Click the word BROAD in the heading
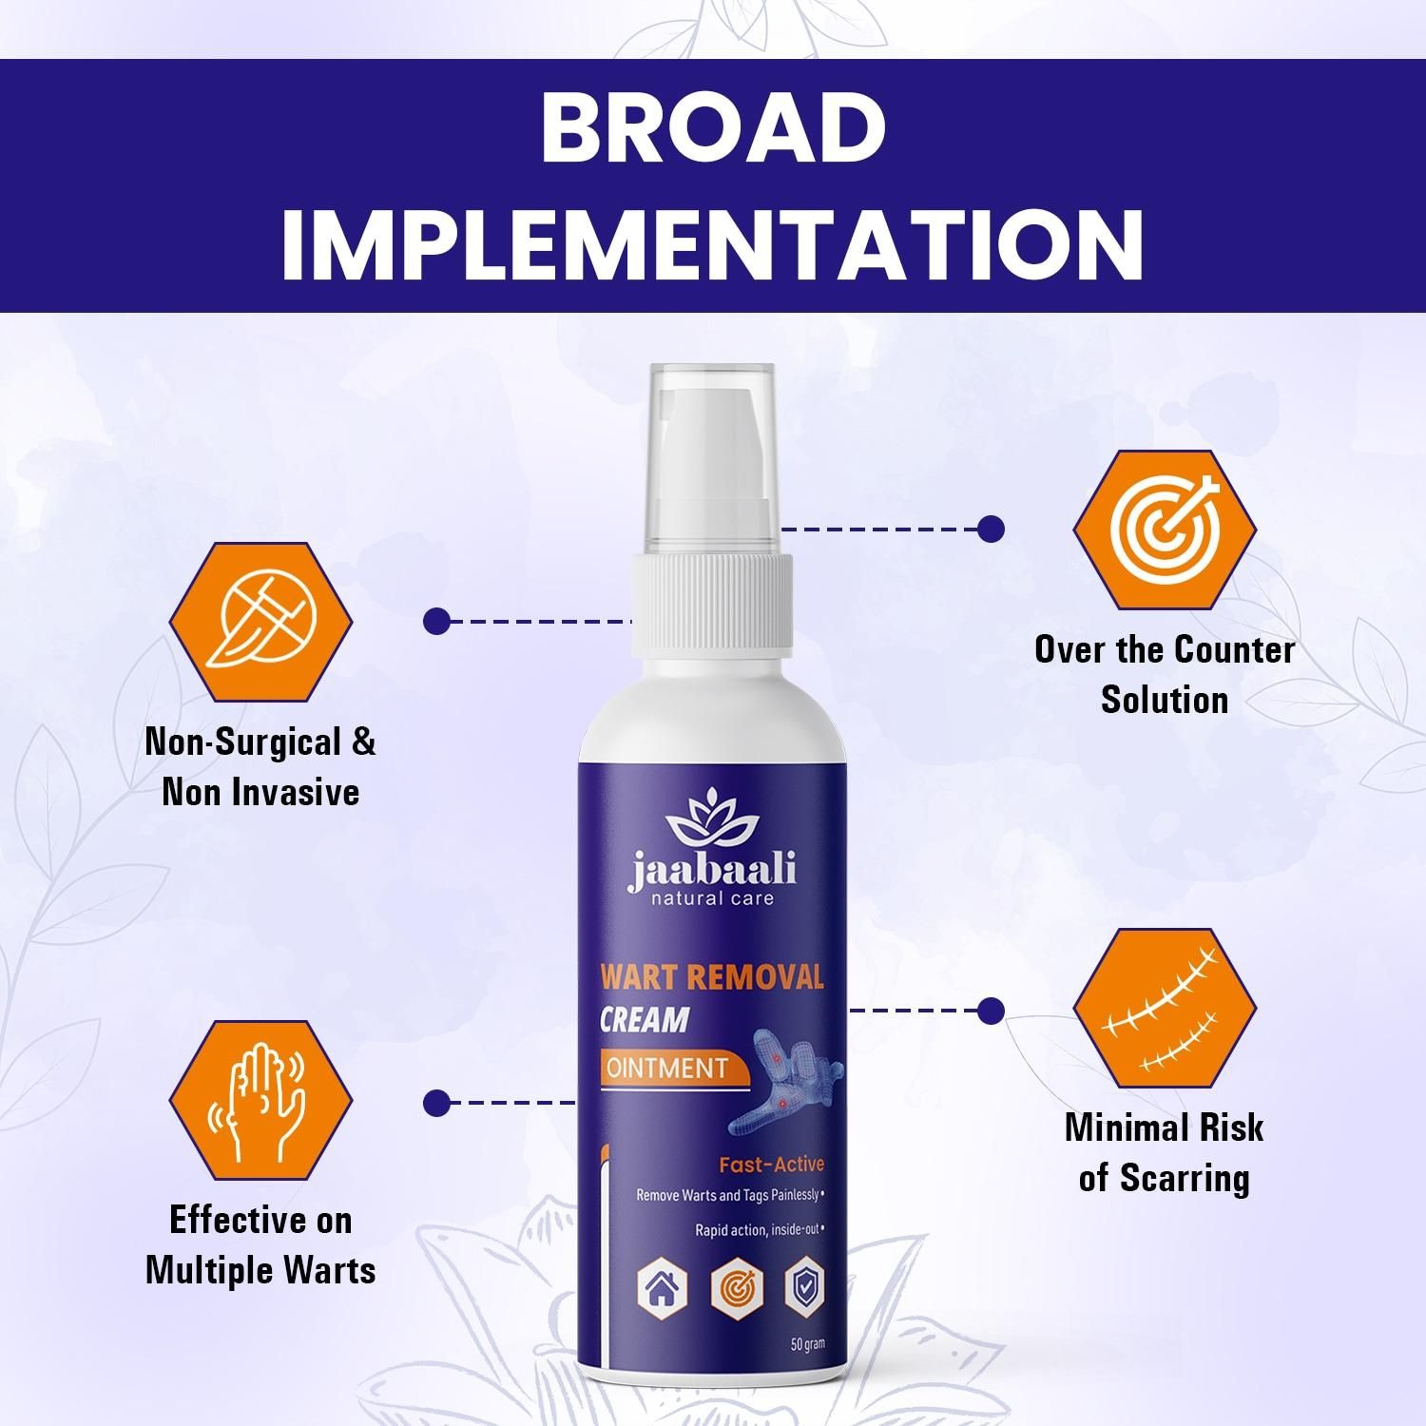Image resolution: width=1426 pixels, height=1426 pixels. (712, 128)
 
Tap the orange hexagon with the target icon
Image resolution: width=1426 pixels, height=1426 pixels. (1165, 529)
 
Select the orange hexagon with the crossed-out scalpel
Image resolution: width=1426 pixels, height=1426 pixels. (260, 622)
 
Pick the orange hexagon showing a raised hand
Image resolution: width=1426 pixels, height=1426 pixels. (260, 1101)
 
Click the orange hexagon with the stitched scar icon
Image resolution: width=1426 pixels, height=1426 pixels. (1165, 1009)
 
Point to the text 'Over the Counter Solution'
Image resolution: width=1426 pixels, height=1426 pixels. (1165, 675)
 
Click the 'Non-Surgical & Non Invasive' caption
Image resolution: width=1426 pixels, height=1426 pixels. (260, 767)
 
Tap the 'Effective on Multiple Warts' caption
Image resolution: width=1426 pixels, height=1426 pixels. (260, 1245)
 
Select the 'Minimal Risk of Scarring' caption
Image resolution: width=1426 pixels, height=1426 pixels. (1165, 1152)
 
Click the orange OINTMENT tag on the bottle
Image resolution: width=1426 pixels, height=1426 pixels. (668, 1068)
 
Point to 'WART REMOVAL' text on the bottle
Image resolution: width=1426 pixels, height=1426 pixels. (711, 978)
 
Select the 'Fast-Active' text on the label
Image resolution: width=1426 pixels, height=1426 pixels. (771, 1165)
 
